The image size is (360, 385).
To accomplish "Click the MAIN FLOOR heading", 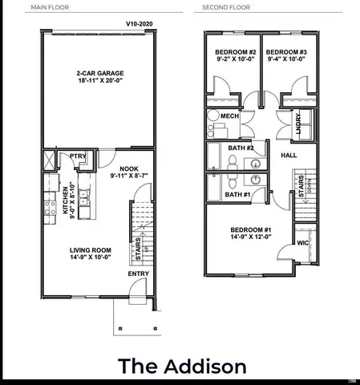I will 49,10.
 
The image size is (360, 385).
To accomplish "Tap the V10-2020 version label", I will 140,25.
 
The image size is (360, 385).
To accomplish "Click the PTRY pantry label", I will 78,156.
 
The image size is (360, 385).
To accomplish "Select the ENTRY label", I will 138,274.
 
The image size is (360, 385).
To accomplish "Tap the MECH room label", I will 230,116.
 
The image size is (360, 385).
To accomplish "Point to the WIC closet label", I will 302,241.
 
